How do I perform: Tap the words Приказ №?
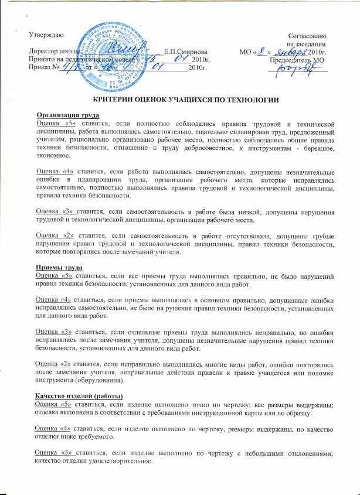[42, 69]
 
